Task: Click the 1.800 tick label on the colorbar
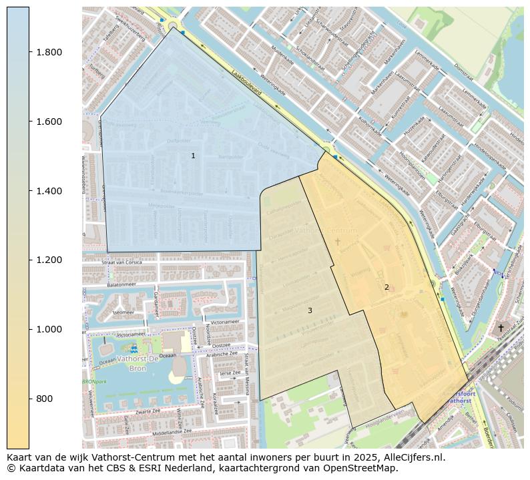point(49,52)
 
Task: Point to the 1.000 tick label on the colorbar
point(49,329)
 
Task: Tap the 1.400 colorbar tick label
point(49,191)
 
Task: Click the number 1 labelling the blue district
point(193,156)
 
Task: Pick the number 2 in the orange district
point(386,287)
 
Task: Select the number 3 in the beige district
point(310,310)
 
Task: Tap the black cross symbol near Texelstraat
point(501,328)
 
